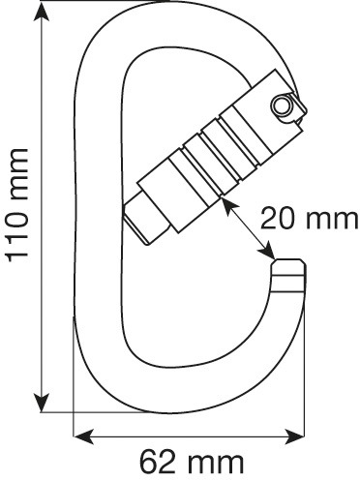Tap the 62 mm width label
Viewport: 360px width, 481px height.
pyautogui.click(x=191, y=462)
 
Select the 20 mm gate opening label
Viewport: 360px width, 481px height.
pyautogui.click(x=309, y=219)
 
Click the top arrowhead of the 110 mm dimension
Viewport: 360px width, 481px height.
pyautogui.click(x=42, y=12)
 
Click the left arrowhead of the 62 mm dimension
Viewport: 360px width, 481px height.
pyautogui.click(x=84, y=436)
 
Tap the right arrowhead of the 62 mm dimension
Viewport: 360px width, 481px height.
pyautogui.click(x=294, y=436)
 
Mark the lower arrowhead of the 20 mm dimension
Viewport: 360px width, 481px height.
pyautogui.click(x=267, y=251)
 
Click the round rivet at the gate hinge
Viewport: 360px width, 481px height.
pyautogui.click(x=282, y=105)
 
